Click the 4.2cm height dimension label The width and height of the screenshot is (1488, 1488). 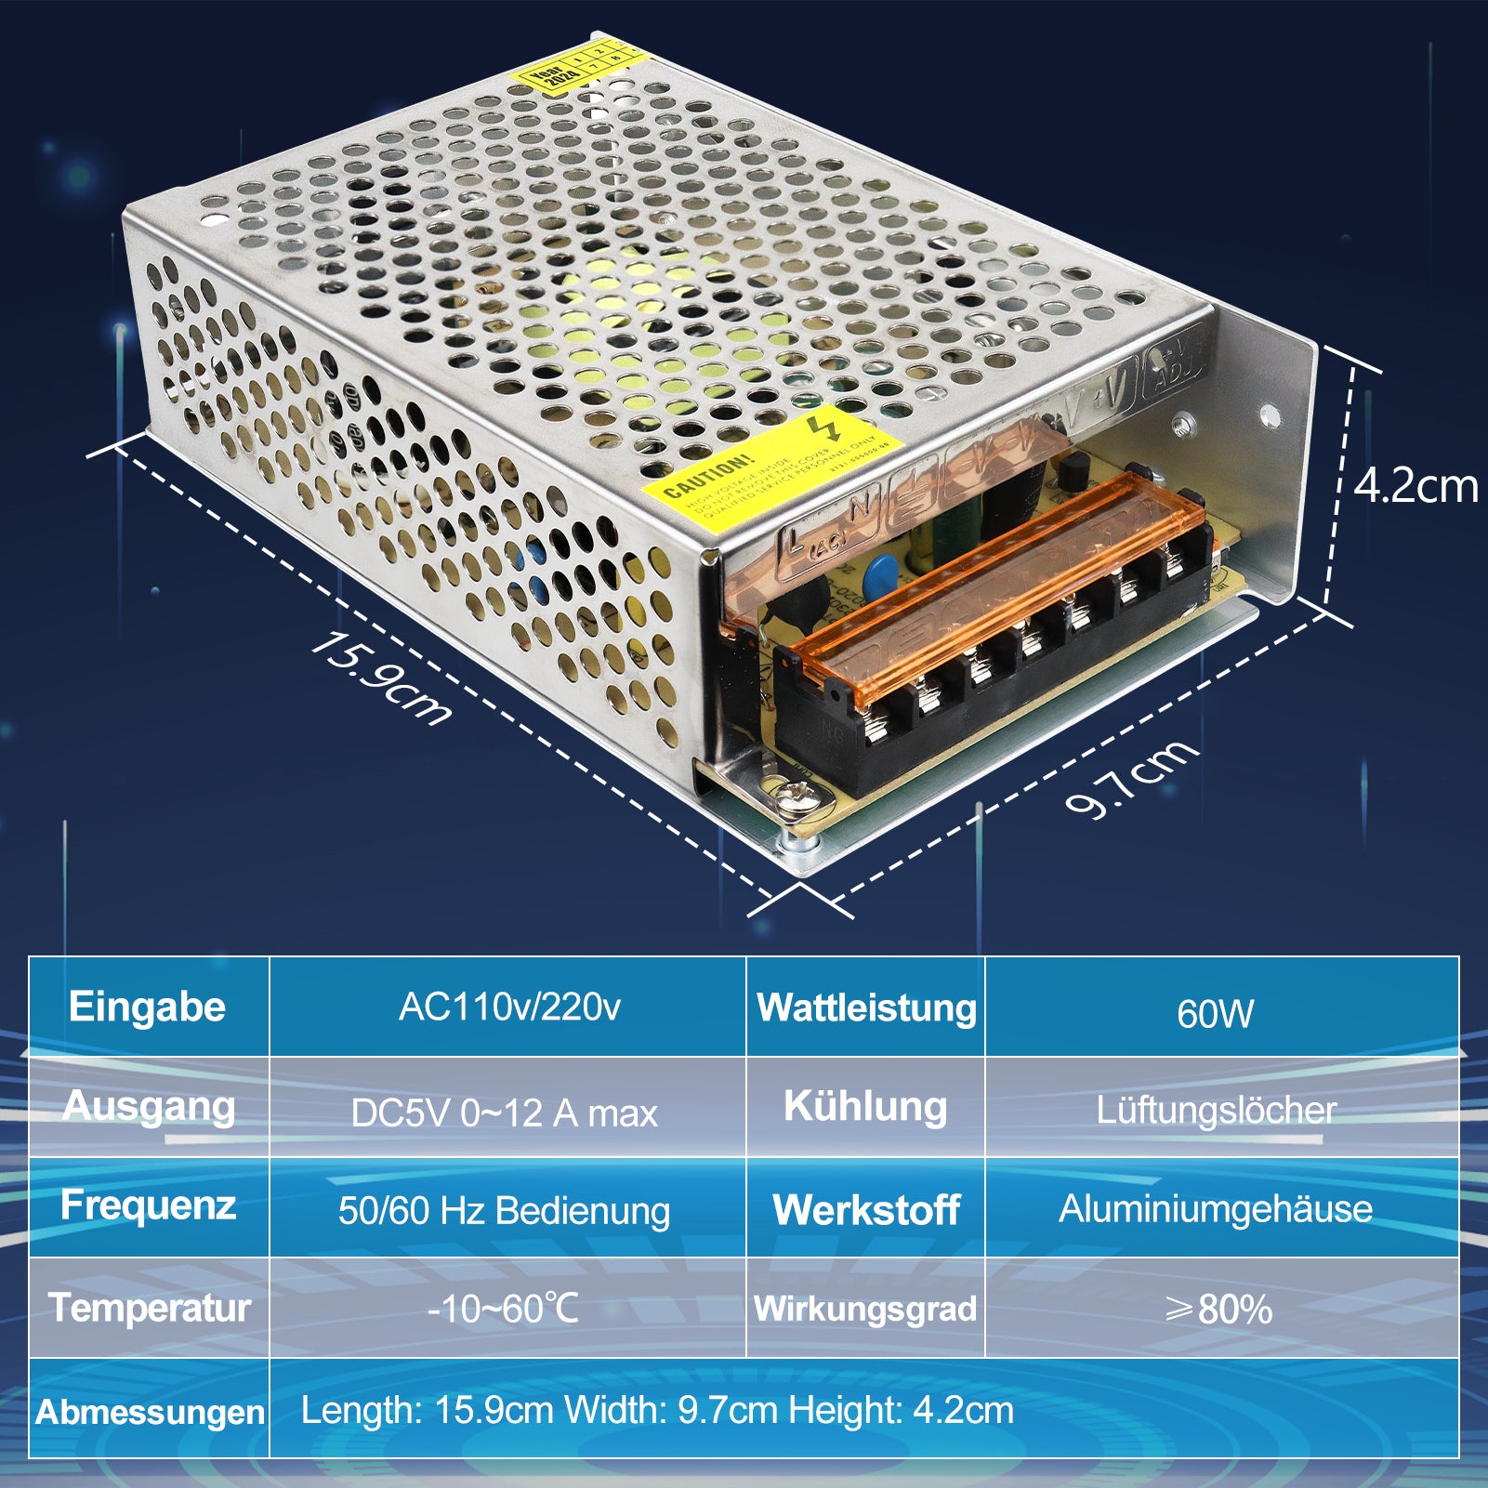tap(1415, 486)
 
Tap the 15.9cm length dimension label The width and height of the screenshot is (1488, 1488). tap(380, 678)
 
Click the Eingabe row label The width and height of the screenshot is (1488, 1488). tap(147, 1007)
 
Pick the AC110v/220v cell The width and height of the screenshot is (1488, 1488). tap(509, 1007)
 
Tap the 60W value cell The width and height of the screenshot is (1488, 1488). tap(1216, 1014)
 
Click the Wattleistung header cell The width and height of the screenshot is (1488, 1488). tap(866, 1008)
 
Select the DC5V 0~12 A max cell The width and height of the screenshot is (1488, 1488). tap(505, 1113)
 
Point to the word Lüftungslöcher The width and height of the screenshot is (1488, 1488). tap(1216, 1110)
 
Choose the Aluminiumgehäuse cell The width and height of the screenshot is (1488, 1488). tap(1216, 1209)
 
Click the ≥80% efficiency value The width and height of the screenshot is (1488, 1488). tap(1218, 1310)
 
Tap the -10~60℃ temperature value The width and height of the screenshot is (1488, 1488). tap(503, 1309)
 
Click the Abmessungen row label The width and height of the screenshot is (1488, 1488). tap(150, 1413)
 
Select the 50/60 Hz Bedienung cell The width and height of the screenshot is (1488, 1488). tap(504, 1211)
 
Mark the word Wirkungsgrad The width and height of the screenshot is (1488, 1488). tap(865, 1309)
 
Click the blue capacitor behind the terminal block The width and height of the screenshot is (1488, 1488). tap(879, 576)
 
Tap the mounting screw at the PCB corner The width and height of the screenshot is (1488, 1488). tap(797, 797)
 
